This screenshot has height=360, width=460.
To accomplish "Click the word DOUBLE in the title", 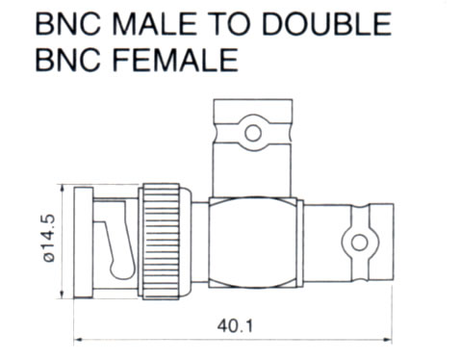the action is coord(327,24).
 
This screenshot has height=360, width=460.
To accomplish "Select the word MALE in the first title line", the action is coord(154,24).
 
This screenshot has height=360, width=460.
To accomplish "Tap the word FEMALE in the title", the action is coord(176,60).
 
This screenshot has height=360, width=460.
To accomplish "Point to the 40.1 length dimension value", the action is coord(235,326).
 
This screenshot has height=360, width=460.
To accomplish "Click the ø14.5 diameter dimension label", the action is coord(49,238).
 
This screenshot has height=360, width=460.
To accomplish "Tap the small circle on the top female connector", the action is coord(253,133).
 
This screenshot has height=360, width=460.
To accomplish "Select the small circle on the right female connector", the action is coord(359,243).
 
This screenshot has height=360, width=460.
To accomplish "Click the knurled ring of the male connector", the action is coord(160,242).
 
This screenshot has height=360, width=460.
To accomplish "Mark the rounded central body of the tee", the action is coord(252,243).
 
